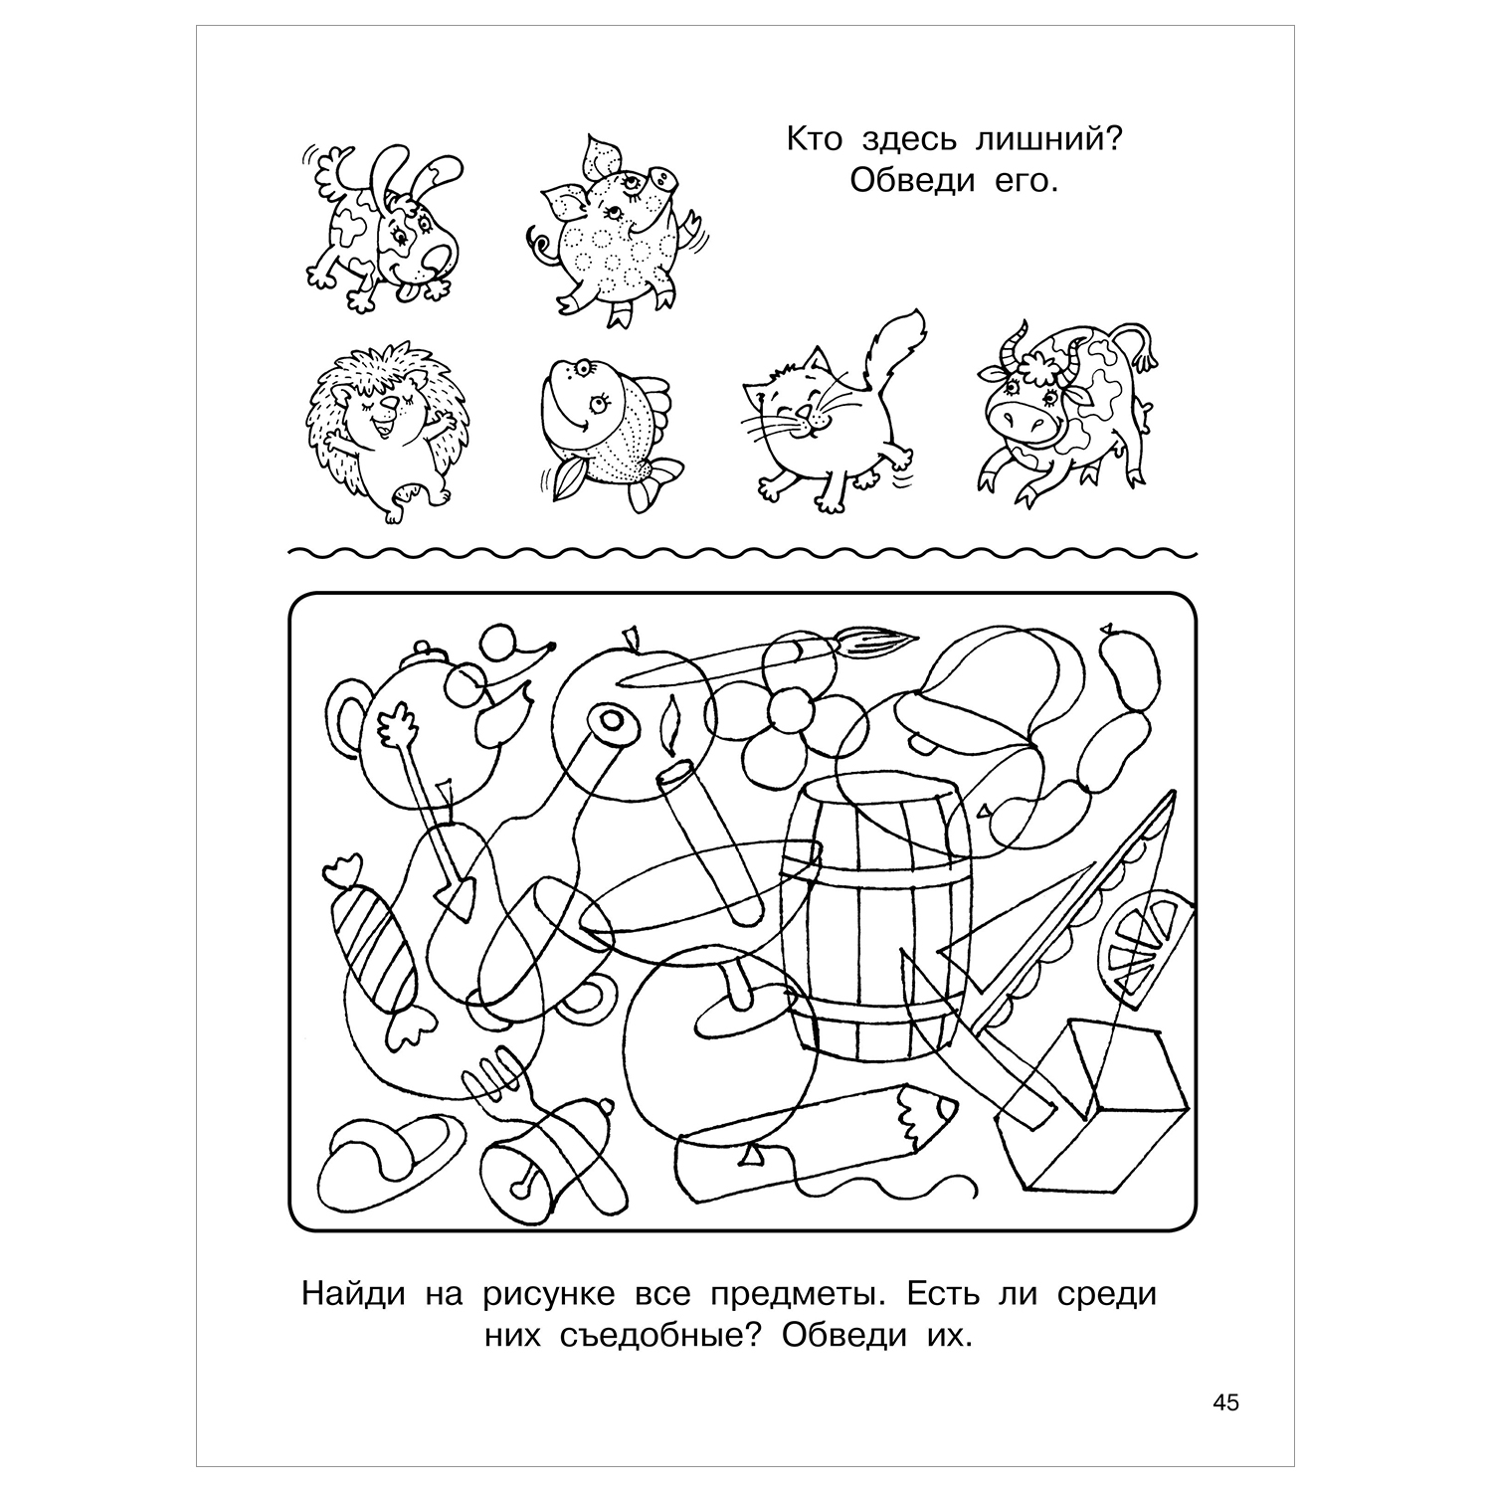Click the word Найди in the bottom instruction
tap(352, 1295)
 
